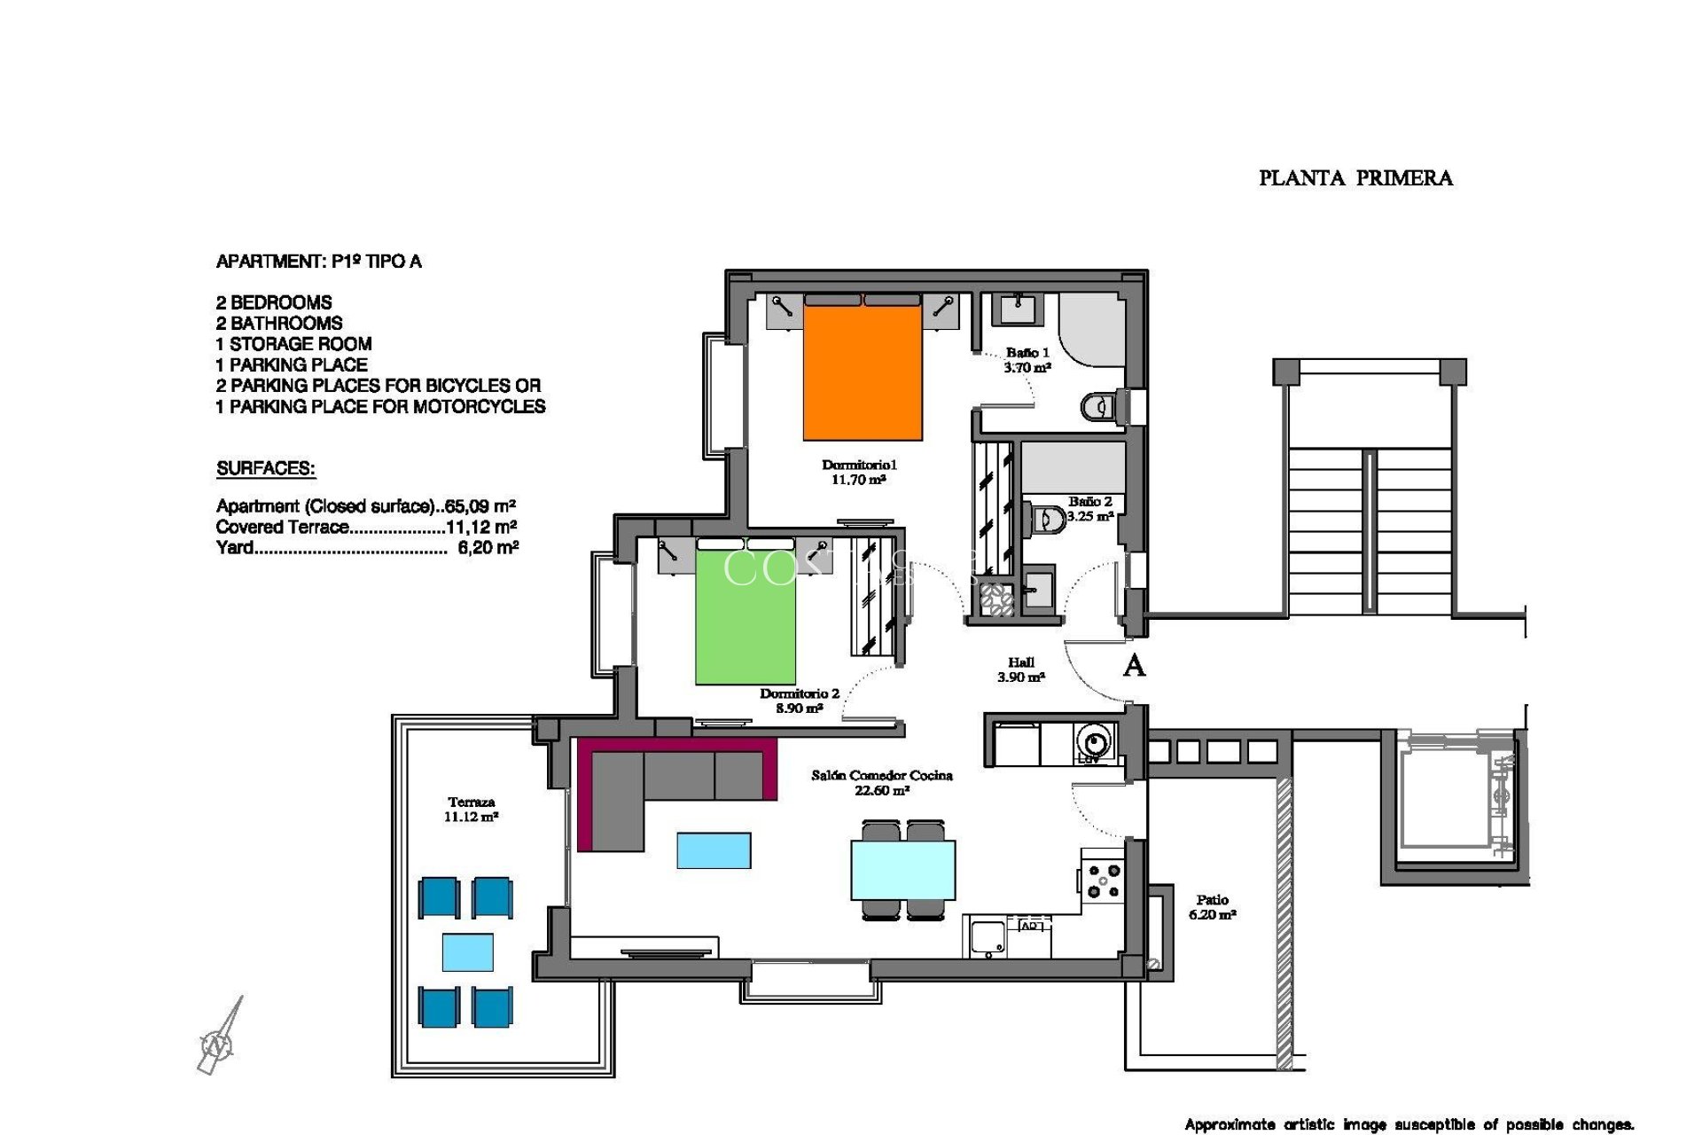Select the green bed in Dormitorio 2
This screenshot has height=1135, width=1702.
[x=745, y=618]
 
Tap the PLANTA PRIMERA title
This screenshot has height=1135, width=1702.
[x=1355, y=178]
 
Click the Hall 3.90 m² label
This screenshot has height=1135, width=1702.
[x=1021, y=669]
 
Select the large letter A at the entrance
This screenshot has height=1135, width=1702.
[x=1134, y=665]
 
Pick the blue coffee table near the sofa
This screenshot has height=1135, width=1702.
[x=714, y=849]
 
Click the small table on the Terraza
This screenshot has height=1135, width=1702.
[x=467, y=952]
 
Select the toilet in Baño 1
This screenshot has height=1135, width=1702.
[x=1097, y=407]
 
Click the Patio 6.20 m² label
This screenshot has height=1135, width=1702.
[x=1212, y=906]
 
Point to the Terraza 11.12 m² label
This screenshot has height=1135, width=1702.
[x=471, y=809]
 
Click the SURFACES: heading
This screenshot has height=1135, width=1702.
[x=266, y=468]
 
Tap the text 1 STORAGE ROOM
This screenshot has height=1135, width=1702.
[x=293, y=344]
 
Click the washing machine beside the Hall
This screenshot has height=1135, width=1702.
[x=1095, y=741]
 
